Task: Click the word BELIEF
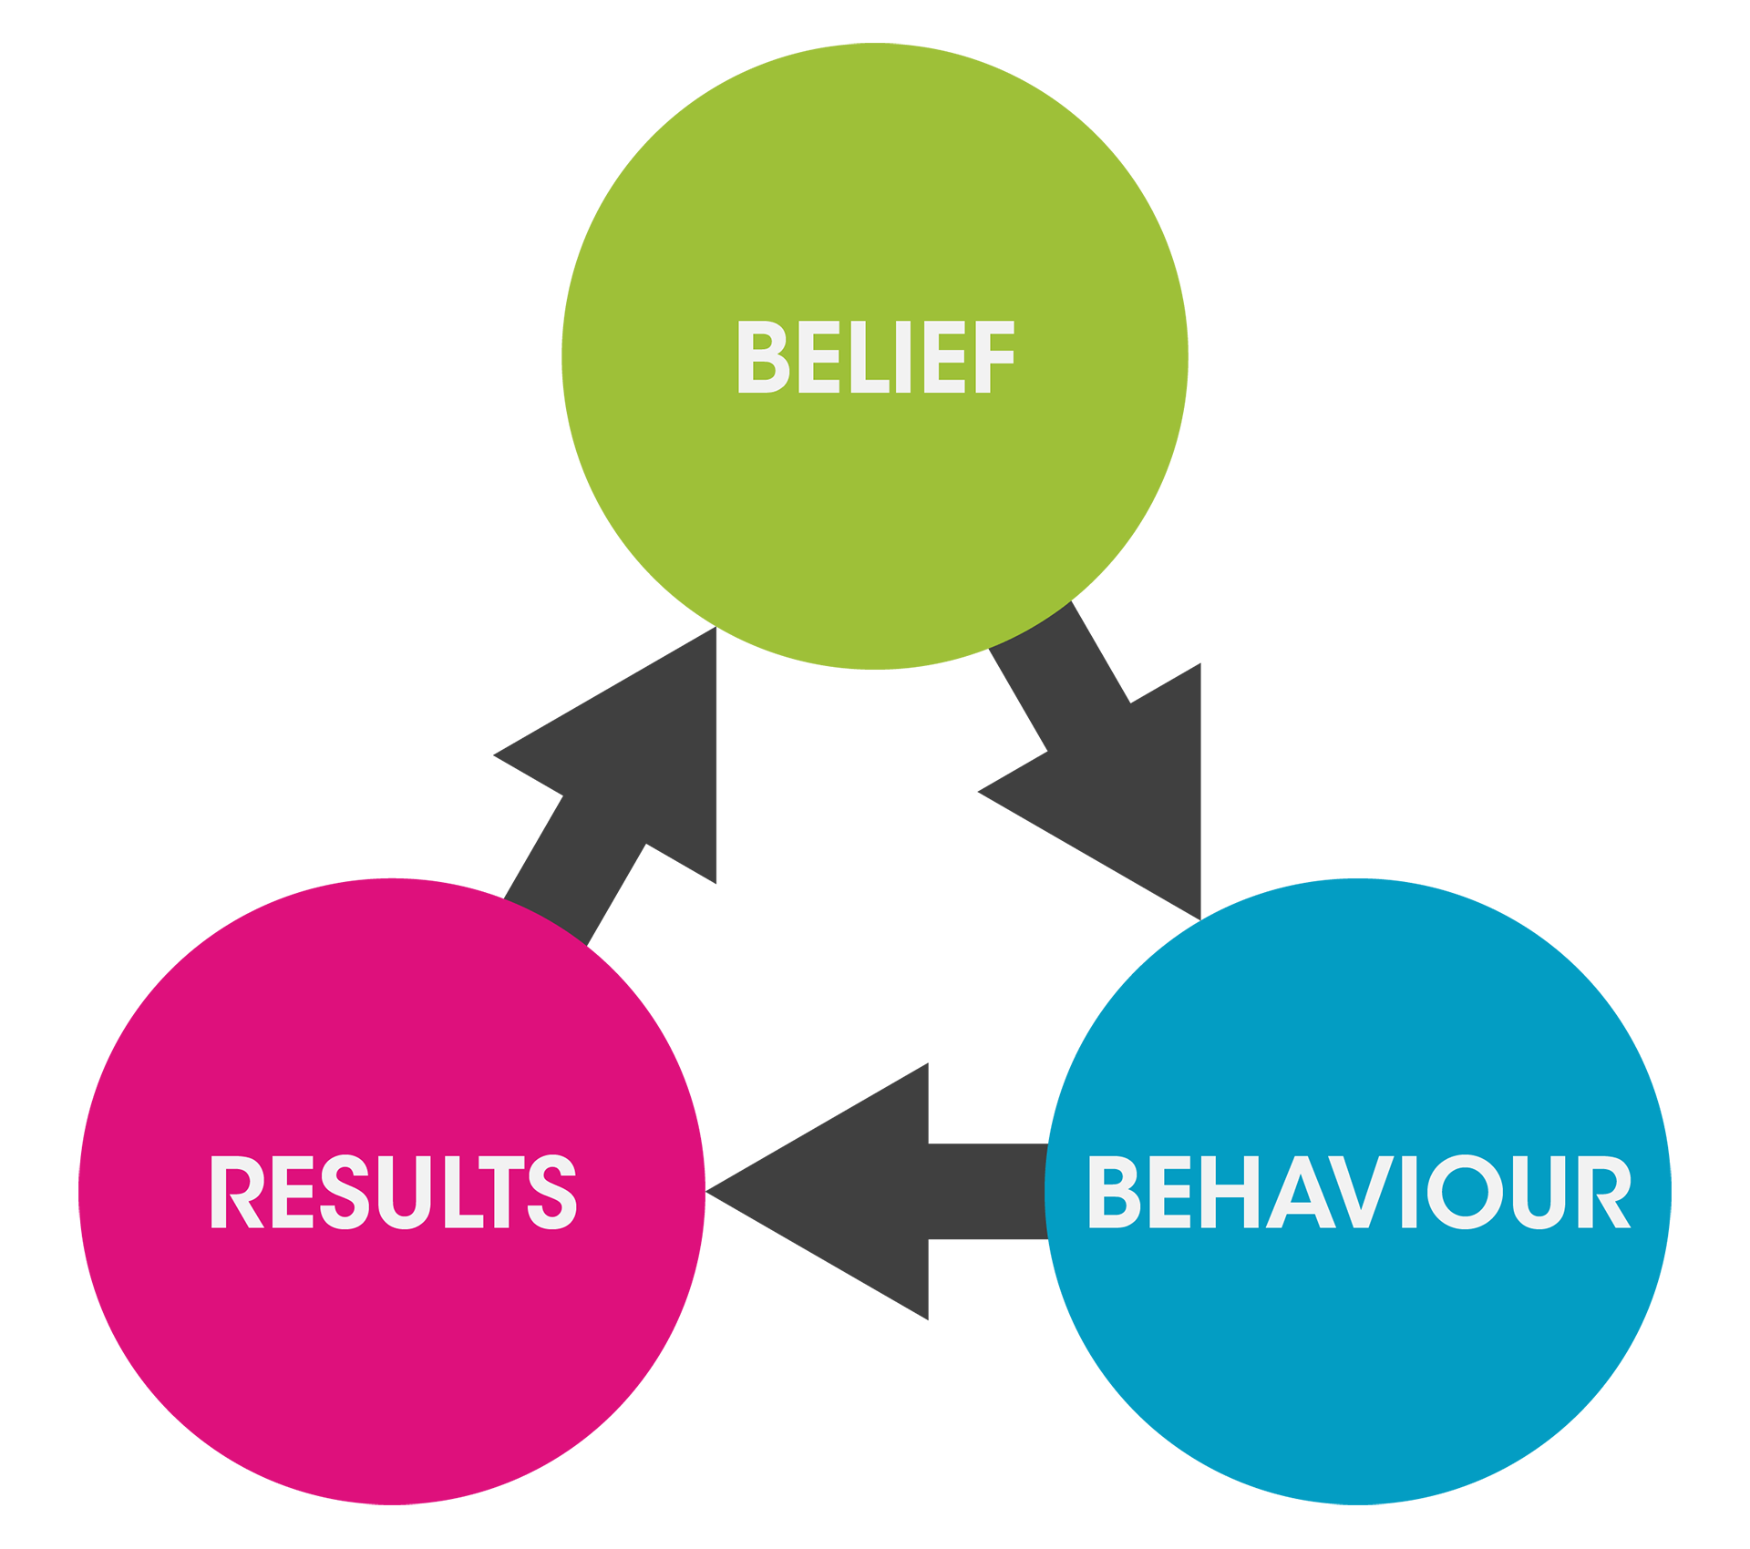tap(875, 356)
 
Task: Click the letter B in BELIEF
tap(761, 356)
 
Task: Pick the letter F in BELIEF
tap(993, 356)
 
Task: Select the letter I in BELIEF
tap(903, 356)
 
